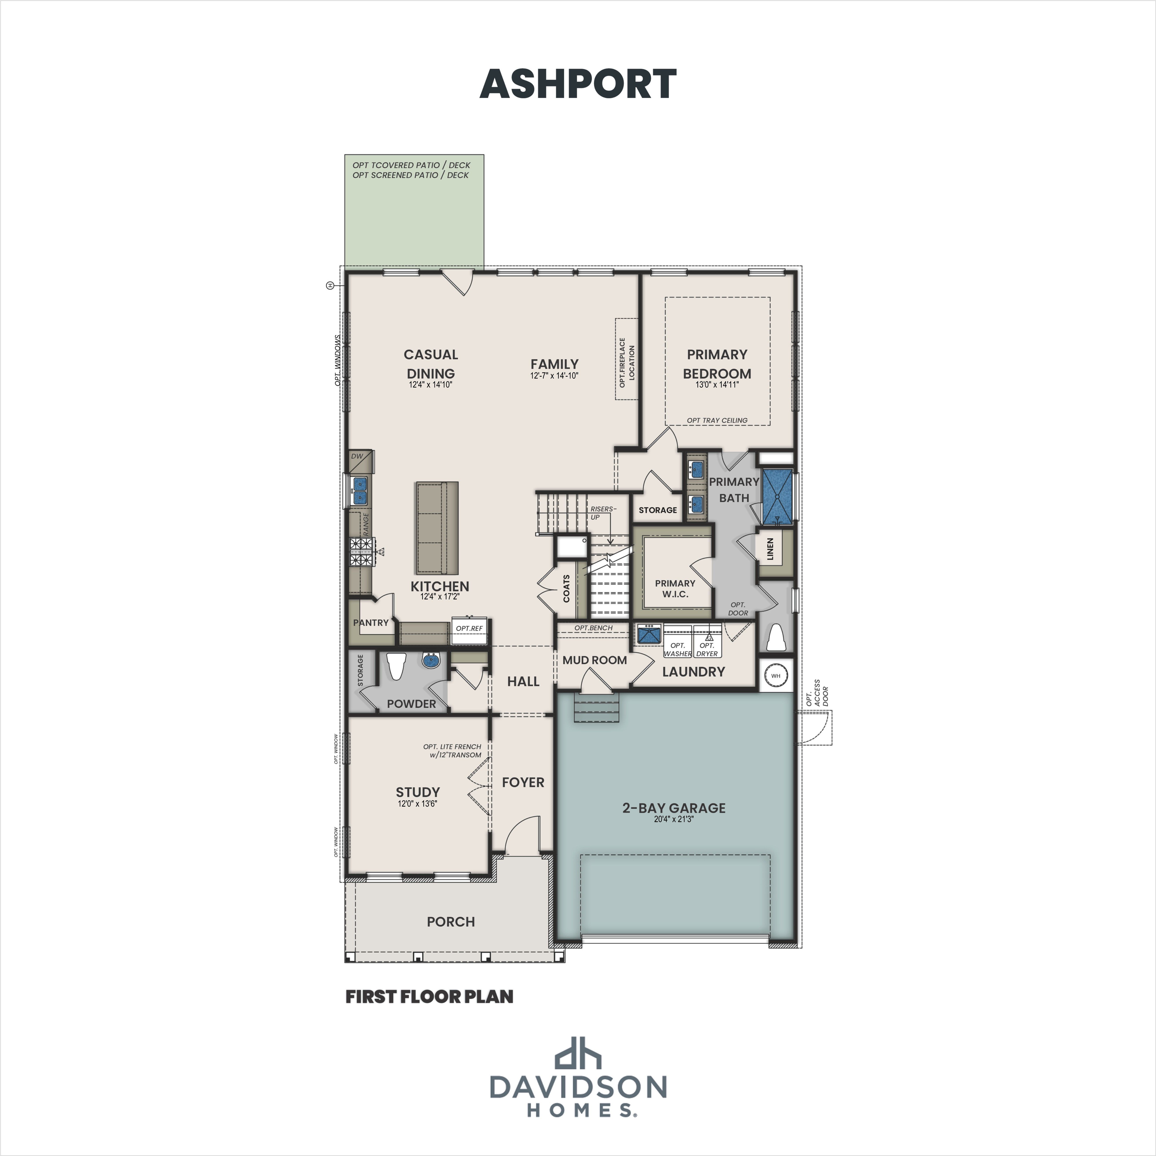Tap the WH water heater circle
click(776, 675)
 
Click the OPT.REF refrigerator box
click(469, 630)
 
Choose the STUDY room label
click(418, 792)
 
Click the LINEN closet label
click(771, 549)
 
